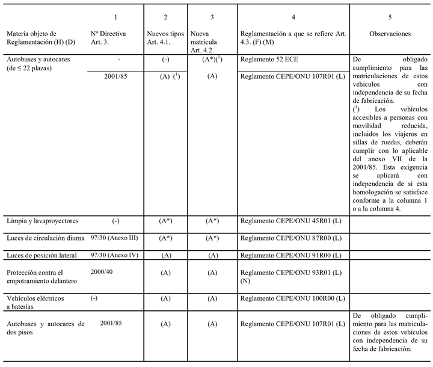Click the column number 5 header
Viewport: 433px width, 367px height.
pyautogui.click(x=390, y=19)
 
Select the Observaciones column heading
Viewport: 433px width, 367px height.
pyautogui.click(x=390, y=34)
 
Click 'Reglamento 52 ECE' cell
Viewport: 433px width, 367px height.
pyautogui.click(x=268, y=61)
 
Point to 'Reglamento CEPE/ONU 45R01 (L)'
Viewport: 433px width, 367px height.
pyautogui.click(x=291, y=221)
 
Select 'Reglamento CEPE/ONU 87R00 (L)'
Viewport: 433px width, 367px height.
pyautogui.click(x=291, y=238)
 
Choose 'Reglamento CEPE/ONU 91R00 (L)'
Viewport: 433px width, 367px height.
pyautogui.click(x=291, y=256)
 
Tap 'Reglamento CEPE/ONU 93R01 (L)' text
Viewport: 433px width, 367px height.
pyautogui.click(x=291, y=273)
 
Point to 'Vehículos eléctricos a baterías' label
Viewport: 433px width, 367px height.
pyautogui.click(x=35, y=303)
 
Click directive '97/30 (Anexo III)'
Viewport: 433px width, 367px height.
pyautogui.click(x=114, y=238)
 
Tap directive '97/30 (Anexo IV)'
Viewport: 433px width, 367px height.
pyautogui.click(x=114, y=255)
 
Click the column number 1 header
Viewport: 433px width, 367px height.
pyautogui.click(x=115, y=19)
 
